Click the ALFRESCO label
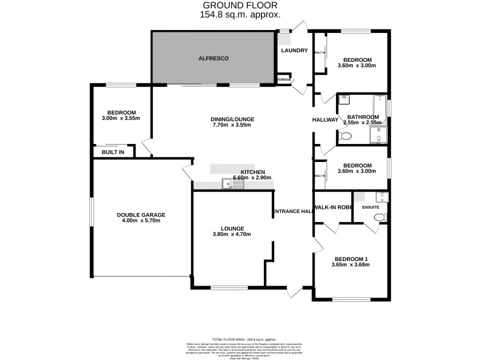pyautogui.click(x=214, y=58)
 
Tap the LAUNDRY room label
pyautogui.click(x=294, y=50)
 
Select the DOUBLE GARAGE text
pyautogui.click(x=141, y=214)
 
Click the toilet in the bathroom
pyautogui.click(x=344, y=137)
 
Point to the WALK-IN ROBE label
pyautogui.click(x=331, y=207)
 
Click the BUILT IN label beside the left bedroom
pyautogui.click(x=113, y=152)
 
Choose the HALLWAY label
pyautogui.click(x=325, y=120)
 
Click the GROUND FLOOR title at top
pyautogui.click(x=239, y=5)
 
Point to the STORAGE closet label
pyautogui.click(x=284, y=80)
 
